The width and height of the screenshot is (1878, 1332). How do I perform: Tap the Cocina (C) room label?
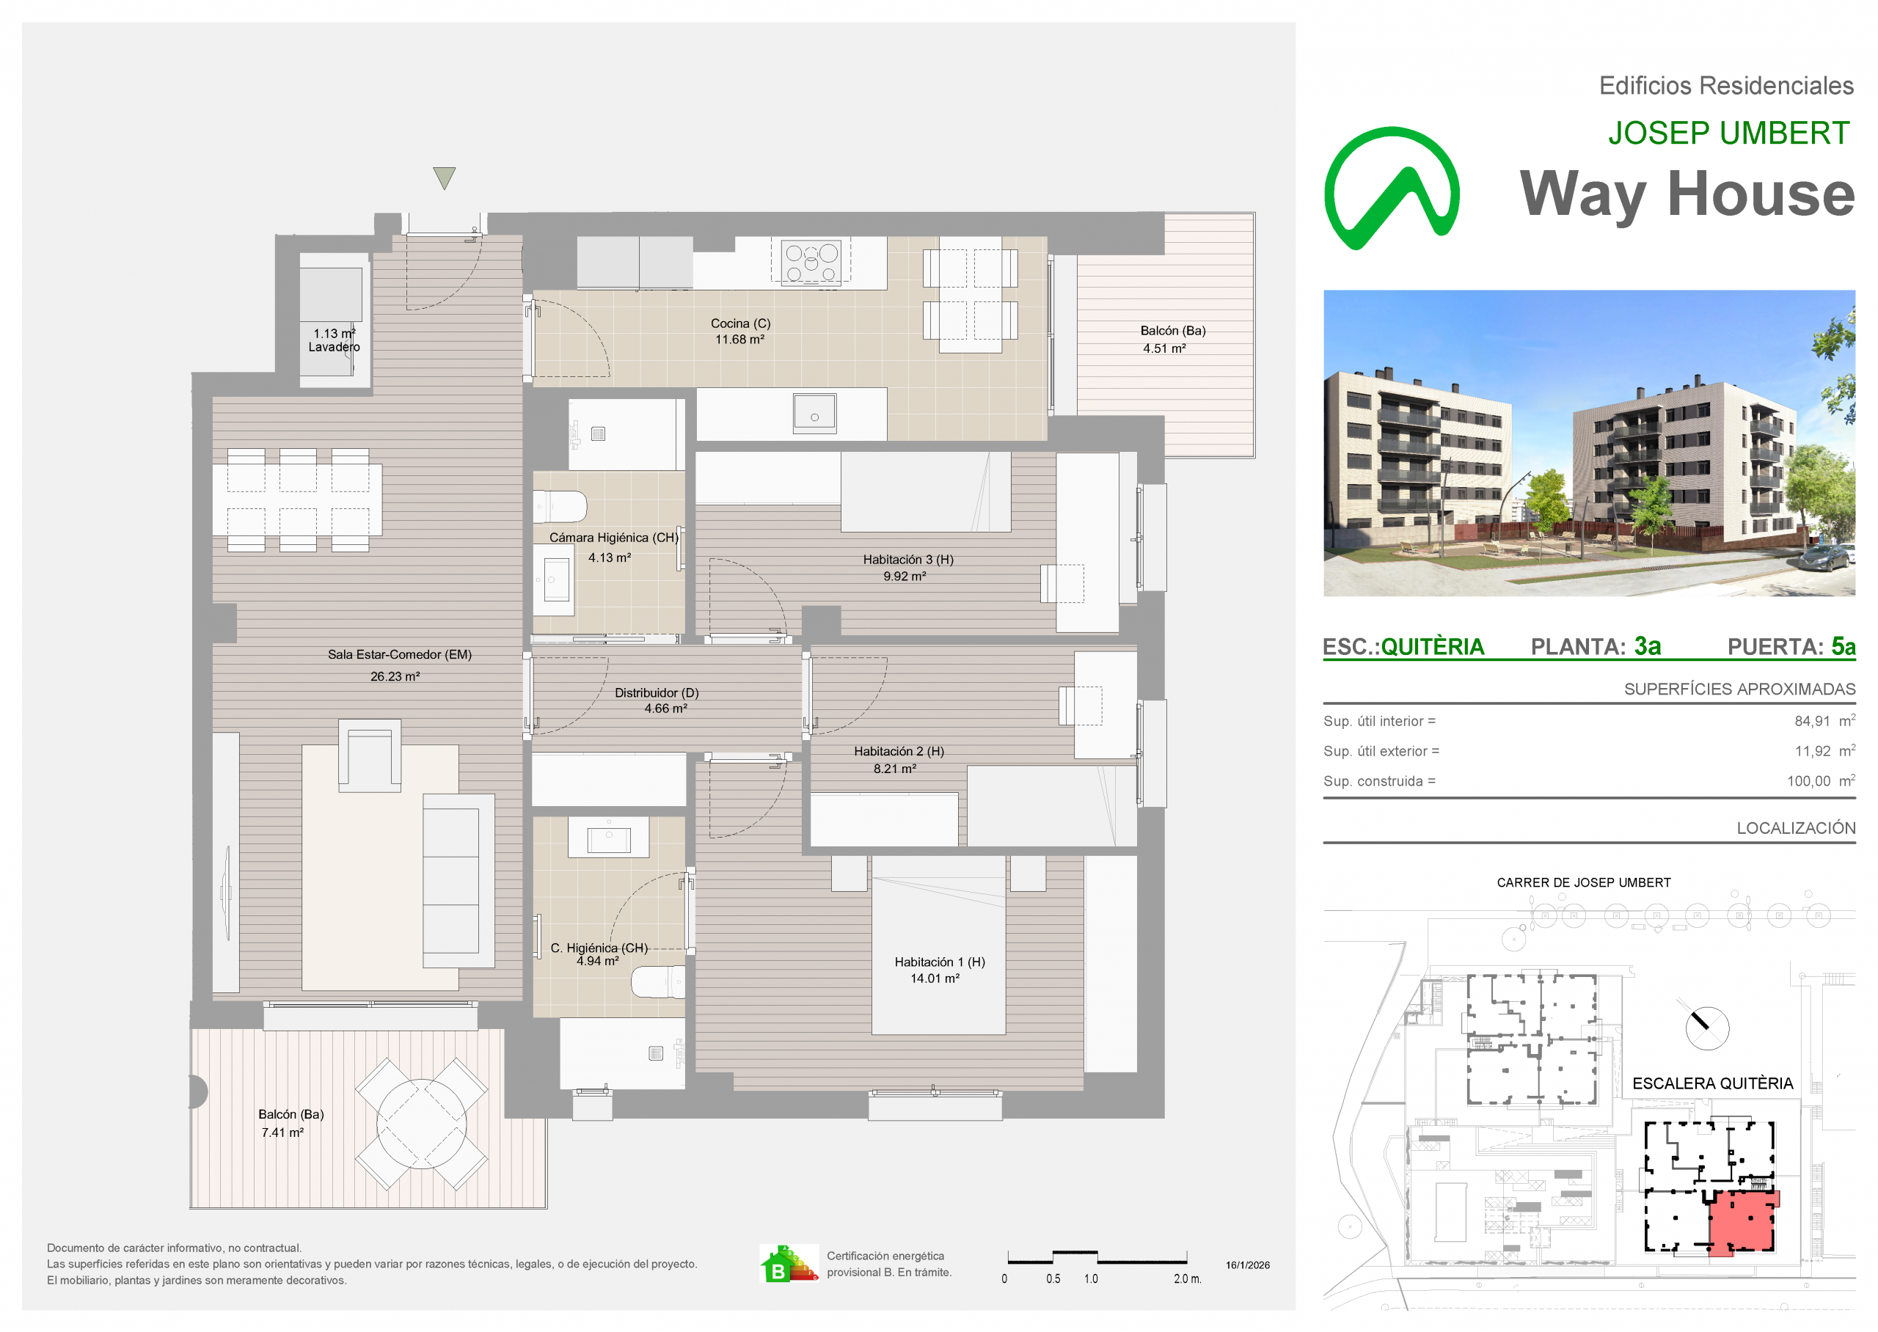coord(740,324)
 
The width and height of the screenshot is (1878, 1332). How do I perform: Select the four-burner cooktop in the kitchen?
coord(810,262)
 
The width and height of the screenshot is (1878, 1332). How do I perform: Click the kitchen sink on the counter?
coord(814,414)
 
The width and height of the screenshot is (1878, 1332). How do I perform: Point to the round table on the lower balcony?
coord(422,1124)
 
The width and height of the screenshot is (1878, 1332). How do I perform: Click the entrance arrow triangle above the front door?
coord(444,178)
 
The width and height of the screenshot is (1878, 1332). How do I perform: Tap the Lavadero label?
coord(334,347)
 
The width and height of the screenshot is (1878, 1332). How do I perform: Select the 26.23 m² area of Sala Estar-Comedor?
coord(395,677)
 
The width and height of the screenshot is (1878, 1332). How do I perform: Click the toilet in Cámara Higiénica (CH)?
coord(559,507)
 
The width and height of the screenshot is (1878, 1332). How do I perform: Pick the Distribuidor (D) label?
coord(657,693)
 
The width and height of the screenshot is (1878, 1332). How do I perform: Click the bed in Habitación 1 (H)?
coord(938,945)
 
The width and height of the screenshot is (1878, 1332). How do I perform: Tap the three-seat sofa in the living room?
coord(458,881)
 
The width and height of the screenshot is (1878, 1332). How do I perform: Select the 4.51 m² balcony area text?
coord(1164,348)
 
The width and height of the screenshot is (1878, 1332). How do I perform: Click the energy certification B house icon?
coord(788,1264)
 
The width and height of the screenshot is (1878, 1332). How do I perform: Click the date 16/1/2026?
coord(1247,1265)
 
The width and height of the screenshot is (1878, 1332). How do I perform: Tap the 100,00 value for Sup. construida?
coord(1808,782)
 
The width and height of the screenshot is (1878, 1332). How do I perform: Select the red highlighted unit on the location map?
coord(1743,1221)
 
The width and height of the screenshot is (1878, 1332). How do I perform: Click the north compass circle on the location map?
coord(1707,1028)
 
